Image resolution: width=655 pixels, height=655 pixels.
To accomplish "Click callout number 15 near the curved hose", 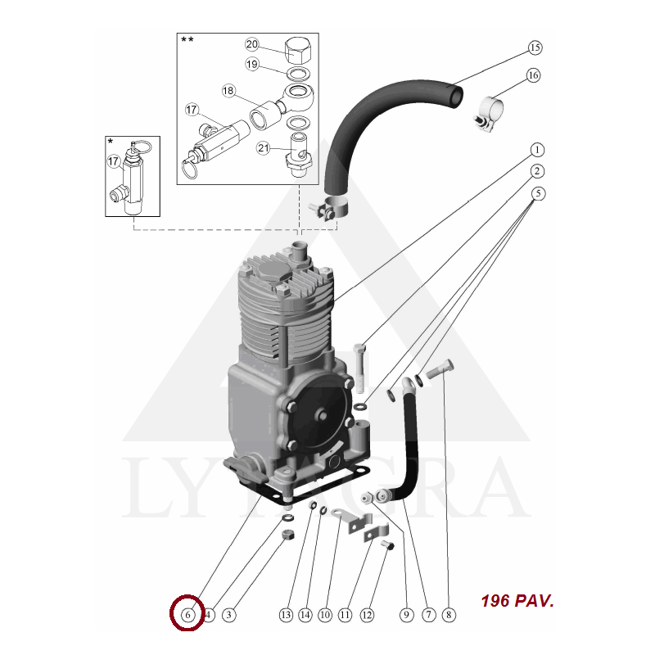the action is pyautogui.click(x=535, y=47).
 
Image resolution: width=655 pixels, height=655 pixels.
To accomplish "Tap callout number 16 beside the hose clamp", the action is pyautogui.click(x=533, y=75).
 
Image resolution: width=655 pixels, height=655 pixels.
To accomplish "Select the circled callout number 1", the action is pyautogui.click(x=537, y=150).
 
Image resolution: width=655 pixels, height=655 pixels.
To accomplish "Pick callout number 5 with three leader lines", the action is pyautogui.click(x=538, y=193).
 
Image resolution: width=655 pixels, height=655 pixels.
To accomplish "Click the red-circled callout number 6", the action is pyautogui.click(x=187, y=615).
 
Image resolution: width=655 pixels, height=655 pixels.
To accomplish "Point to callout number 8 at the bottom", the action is pyautogui.click(x=449, y=615).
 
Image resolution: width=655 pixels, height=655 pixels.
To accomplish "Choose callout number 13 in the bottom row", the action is pyautogui.click(x=286, y=615).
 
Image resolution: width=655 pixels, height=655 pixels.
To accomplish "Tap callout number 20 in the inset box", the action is pyautogui.click(x=252, y=44).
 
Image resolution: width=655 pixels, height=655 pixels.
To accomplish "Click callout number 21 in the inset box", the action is pyautogui.click(x=263, y=148).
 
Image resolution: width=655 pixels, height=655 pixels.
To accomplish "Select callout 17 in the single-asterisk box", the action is pyautogui.click(x=114, y=161).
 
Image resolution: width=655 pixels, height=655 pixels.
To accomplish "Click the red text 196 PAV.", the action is pyautogui.click(x=517, y=601).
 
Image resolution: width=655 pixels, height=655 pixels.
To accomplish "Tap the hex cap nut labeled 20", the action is pyautogui.click(x=297, y=51).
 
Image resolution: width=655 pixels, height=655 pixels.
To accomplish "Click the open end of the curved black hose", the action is pyautogui.click(x=456, y=96).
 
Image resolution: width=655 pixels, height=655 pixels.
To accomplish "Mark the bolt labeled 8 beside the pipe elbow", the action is pyautogui.click(x=440, y=370).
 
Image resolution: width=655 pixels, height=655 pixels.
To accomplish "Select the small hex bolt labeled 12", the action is pyautogui.click(x=387, y=544).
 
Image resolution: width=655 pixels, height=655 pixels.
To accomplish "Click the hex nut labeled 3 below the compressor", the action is pyautogui.click(x=287, y=535).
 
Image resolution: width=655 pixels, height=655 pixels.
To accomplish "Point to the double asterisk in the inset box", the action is pyautogui.click(x=187, y=39).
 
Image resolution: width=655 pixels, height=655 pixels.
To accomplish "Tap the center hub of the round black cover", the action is pyautogui.click(x=321, y=415).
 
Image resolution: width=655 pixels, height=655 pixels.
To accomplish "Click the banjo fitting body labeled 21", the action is pyautogui.click(x=298, y=154).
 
